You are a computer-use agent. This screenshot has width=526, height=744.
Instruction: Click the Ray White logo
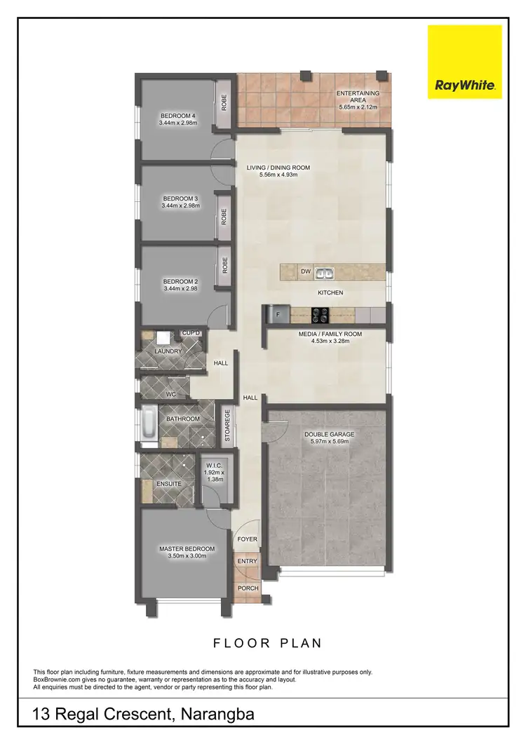(465, 62)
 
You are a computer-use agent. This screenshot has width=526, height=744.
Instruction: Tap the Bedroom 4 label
(178, 116)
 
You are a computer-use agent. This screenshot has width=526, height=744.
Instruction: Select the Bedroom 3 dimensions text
(180, 206)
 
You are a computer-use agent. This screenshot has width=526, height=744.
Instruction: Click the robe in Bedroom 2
(225, 265)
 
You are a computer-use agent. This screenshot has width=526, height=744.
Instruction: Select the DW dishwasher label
(305, 271)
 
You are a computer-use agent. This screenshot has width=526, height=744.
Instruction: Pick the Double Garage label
(329, 435)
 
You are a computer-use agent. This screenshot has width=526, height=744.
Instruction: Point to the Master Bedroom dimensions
(187, 557)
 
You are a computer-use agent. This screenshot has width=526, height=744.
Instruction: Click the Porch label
(248, 588)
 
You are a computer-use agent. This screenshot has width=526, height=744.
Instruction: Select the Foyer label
(247, 539)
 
